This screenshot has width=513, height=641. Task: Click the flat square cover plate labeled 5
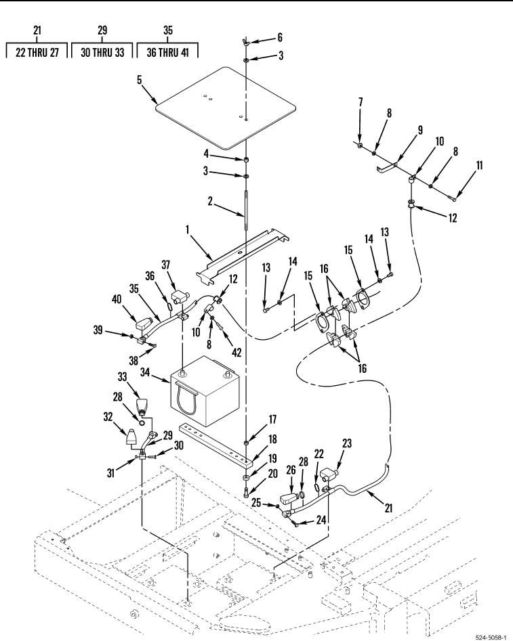pos(226,108)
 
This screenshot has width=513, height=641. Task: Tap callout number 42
pos(237,352)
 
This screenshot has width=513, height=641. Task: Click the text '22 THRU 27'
pos(37,52)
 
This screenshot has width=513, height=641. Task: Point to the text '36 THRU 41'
pos(168,52)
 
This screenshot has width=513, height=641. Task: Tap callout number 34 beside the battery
pos(145,372)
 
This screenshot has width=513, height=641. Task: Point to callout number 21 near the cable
pos(388,508)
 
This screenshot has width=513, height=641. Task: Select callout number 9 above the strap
pos(420,131)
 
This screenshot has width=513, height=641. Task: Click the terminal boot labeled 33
pos(141,405)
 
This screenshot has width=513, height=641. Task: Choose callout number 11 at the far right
pos(479,165)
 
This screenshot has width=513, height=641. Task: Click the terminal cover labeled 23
pos(329,475)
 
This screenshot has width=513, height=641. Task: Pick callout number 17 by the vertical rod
pos(272,420)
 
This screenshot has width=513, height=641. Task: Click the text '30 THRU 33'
pos(102,52)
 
